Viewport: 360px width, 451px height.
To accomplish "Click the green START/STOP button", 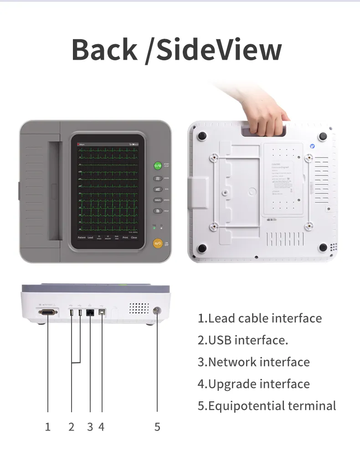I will click(x=158, y=166).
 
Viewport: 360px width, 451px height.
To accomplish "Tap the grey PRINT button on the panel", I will click(x=158, y=211).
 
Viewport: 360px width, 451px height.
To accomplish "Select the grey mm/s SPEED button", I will click(x=158, y=200).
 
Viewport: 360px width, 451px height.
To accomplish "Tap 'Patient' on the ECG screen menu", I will click(x=81, y=238).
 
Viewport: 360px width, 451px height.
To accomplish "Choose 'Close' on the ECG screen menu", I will click(x=134, y=238).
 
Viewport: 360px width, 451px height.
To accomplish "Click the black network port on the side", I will click(x=90, y=313).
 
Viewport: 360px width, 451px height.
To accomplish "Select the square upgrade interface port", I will click(x=101, y=313).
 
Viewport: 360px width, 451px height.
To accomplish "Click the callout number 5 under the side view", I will click(x=157, y=427).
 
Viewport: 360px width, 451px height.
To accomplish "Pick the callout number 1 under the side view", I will click(x=47, y=427).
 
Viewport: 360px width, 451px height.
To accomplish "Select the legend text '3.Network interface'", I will click(x=253, y=362).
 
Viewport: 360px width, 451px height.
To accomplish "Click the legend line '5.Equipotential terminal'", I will click(x=267, y=406).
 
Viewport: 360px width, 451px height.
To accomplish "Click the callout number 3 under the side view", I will click(x=90, y=427).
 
